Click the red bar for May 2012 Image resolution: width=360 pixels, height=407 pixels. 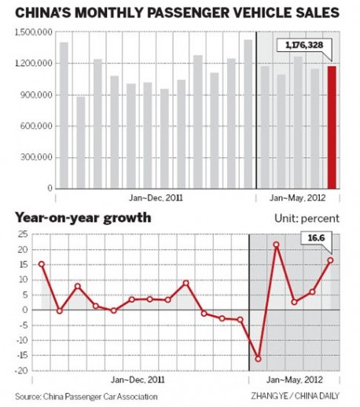click(x=332, y=127)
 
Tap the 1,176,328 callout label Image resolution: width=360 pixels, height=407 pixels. click(x=304, y=46)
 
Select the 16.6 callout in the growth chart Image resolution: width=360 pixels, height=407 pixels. click(x=316, y=238)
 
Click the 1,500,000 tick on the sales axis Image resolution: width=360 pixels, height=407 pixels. click(x=34, y=32)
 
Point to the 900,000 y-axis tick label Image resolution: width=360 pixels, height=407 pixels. click(x=36, y=95)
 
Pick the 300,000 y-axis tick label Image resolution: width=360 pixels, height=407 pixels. click(x=36, y=157)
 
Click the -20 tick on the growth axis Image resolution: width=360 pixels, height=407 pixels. click(x=22, y=371)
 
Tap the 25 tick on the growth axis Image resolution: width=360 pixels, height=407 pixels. click(x=23, y=234)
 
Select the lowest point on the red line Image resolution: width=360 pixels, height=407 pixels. click(x=258, y=359)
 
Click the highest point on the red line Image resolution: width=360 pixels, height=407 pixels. click(x=276, y=244)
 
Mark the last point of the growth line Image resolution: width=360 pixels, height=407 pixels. click(x=330, y=260)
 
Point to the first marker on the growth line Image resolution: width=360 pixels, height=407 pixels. click(x=42, y=264)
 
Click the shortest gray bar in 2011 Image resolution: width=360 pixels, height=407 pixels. click(x=81, y=143)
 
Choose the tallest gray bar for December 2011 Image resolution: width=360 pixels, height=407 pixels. click(x=248, y=114)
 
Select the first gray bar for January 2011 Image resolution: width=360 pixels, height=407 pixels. click(x=64, y=115)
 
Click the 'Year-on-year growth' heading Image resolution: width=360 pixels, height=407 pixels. click(x=83, y=218)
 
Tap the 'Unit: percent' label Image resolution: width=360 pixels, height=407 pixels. click(x=307, y=218)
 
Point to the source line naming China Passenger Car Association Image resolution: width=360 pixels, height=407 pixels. click(x=86, y=397)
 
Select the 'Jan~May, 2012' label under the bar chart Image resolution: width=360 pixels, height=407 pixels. click(x=297, y=198)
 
